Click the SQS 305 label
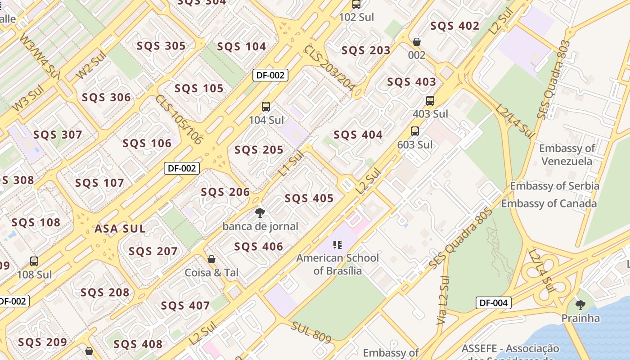pos(161,46)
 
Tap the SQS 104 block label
pos(242,47)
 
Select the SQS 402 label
pos(454,26)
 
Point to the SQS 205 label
pos(259,150)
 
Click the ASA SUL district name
pos(120,229)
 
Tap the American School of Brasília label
pos(337,264)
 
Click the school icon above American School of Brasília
pos(337,245)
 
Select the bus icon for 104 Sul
pos(266,107)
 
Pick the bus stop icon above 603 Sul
pos(414,131)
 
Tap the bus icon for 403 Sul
pos(430,101)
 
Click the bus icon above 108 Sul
pos(34,261)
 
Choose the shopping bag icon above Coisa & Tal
pos(211,259)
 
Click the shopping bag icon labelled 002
pos(417,42)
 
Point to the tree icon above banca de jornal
pos(260,213)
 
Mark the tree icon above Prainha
pos(580,305)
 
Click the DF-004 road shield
pos(494,303)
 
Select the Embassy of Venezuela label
pos(567,154)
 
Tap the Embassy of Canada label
pos(549,203)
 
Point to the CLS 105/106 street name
pos(179,120)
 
